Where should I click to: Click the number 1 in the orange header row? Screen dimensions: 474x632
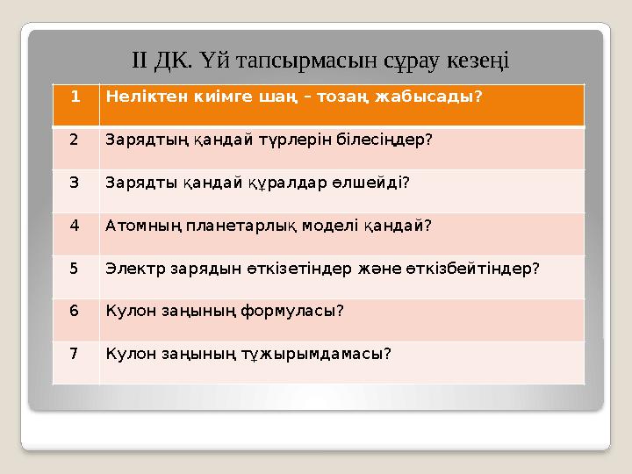pos(75,96)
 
